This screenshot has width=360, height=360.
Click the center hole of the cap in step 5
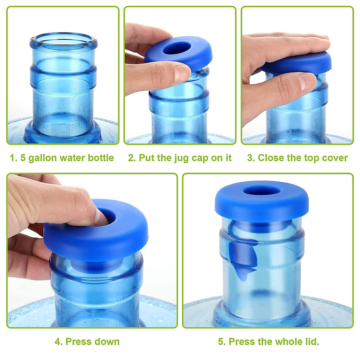[x=261, y=191]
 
